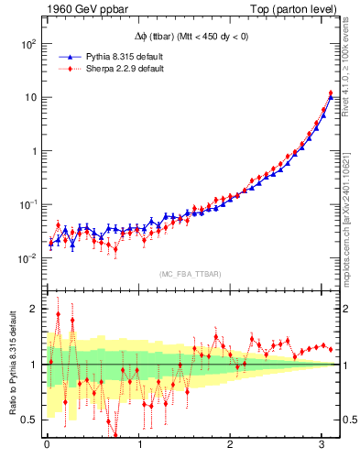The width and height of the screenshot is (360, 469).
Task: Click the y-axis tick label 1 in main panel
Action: point(33,150)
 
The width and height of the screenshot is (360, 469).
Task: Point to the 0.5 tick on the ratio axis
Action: point(29,420)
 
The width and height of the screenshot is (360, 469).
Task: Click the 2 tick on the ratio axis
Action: point(33,309)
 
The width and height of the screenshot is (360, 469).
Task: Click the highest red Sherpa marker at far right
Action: point(331,93)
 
